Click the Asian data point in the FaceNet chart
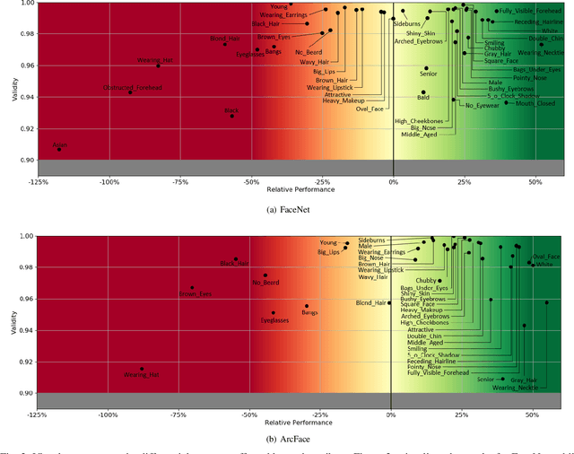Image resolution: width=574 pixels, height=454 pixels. click(x=59, y=149)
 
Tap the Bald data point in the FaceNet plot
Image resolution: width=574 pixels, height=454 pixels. click(x=423, y=92)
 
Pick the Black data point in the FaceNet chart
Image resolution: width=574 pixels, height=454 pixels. click(x=232, y=116)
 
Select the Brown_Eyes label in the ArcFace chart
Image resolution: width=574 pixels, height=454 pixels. click(x=195, y=293)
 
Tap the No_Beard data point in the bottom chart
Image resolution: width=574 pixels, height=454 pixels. click(x=265, y=275)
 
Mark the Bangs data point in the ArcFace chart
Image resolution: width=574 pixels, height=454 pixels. click(x=307, y=306)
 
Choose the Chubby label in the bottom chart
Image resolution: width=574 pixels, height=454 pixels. click(x=427, y=280)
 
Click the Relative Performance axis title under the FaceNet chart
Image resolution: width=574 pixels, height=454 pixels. click(x=300, y=190)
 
